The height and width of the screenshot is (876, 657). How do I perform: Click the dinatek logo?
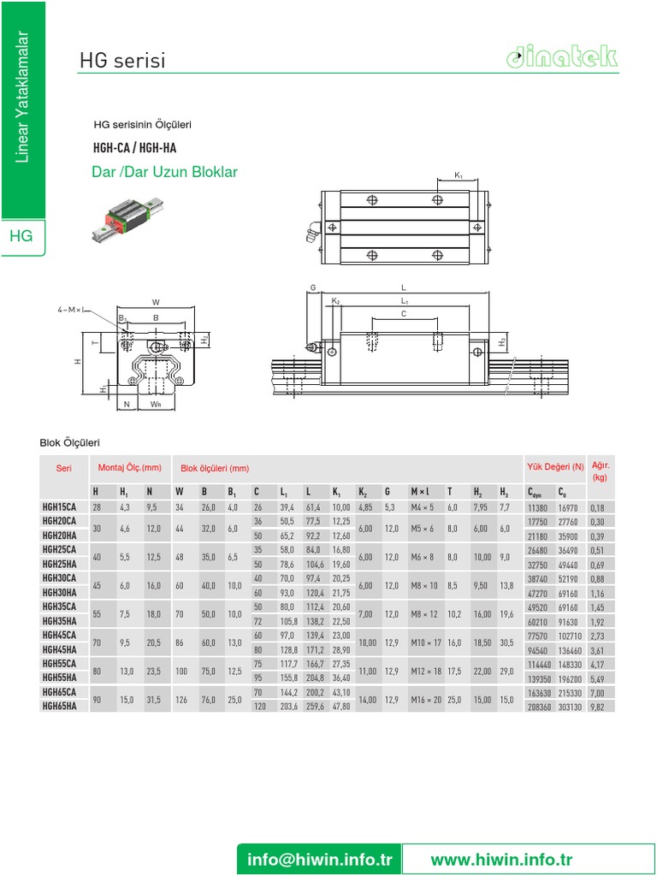pyautogui.click(x=560, y=57)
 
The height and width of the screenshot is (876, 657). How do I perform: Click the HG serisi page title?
pyautogui.click(x=121, y=61)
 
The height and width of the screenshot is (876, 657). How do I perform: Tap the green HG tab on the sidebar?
pyautogui.click(x=21, y=236)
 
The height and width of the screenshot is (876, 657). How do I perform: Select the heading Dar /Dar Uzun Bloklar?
pyautogui.click(x=164, y=173)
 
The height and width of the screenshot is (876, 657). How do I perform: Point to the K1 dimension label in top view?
pyautogui.click(x=459, y=176)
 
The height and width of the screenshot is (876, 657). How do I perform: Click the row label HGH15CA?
pyautogui.click(x=60, y=507)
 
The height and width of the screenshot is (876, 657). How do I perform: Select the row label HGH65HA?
pyautogui.click(x=60, y=707)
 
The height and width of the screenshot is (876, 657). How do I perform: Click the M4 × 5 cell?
pyautogui.click(x=423, y=507)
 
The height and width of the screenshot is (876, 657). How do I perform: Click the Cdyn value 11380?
pyautogui.click(x=537, y=507)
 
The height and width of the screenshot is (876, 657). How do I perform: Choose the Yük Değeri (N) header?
pyautogui.click(x=554, y=467)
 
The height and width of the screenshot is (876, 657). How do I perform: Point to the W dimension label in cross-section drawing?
pyautogui.click(x=156, y=302)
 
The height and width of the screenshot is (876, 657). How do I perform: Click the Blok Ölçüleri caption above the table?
pyautogui.click(x=70, y=442)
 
